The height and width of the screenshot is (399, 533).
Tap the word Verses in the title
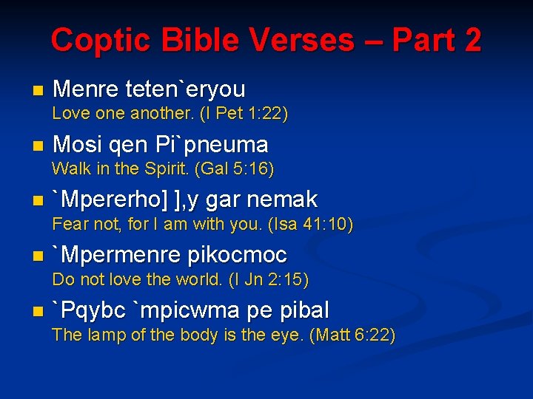(300, 40)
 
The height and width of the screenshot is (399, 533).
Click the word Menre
(87, 89)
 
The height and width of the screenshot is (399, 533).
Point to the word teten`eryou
(186, 89)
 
